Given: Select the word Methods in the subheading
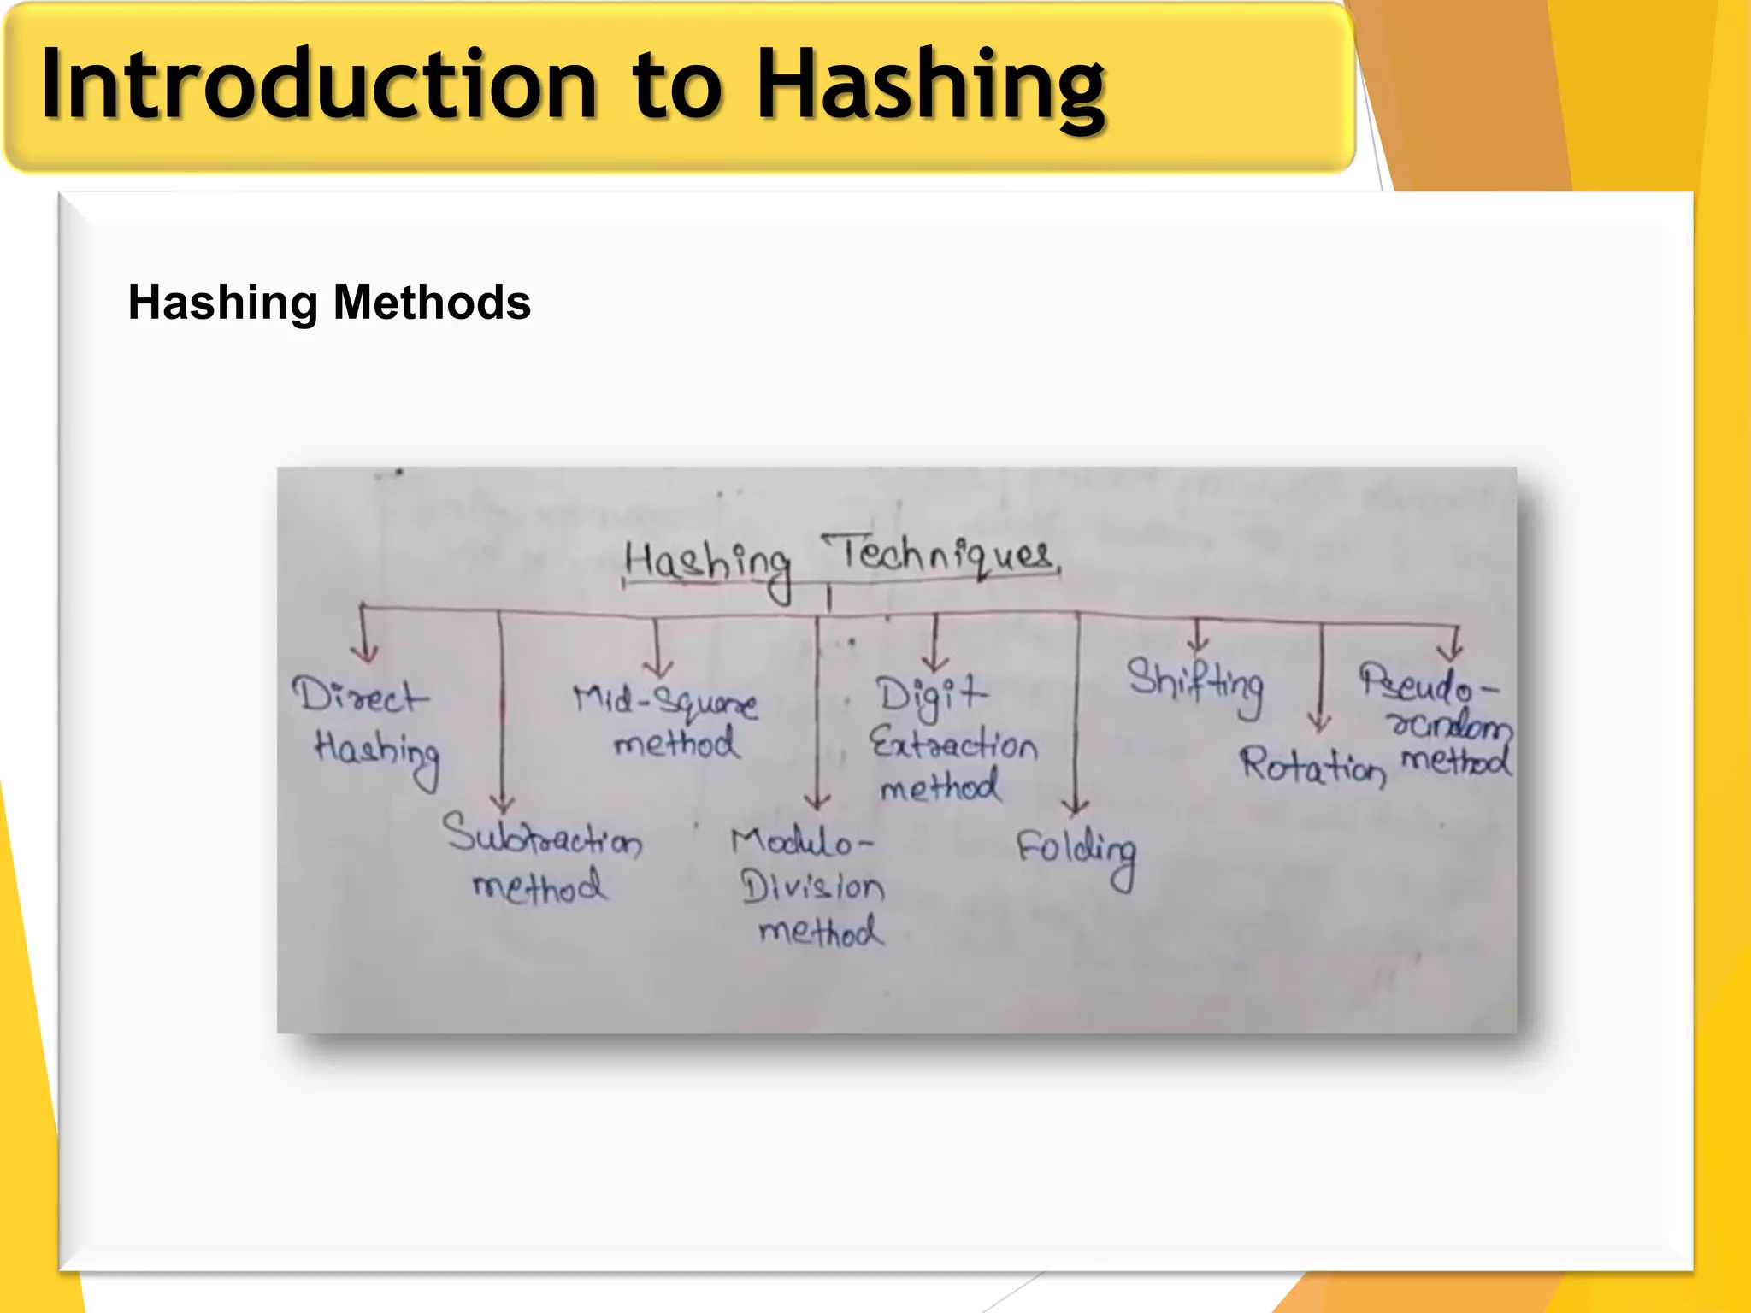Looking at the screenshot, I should [x=432, y=303].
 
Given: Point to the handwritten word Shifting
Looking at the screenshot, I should [x=1194, y=684].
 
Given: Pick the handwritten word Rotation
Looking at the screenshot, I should [x=1312, y=765].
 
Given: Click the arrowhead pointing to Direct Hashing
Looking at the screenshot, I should [x=365, y=654].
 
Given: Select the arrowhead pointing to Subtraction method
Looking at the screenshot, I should [x=502, y=804].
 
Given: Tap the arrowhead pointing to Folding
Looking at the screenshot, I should [x=1075, y=805].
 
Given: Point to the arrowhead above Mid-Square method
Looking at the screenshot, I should [x=657, y=667].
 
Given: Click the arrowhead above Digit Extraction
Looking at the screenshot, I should [x=934, y=662].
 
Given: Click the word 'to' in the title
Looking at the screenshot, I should [x=677, y=85].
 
